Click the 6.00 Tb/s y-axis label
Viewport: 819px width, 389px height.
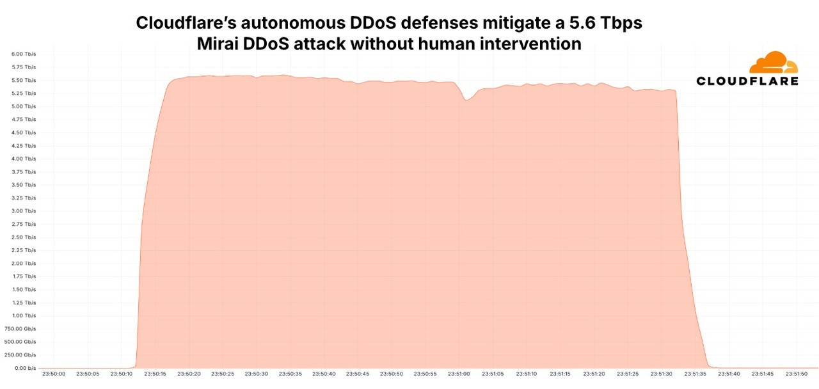24,54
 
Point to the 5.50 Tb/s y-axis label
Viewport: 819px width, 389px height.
24,80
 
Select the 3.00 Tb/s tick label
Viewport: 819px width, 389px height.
24,210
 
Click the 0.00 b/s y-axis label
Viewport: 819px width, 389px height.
24,368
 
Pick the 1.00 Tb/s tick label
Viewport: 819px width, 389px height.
24,315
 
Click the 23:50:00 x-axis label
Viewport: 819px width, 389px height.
53,374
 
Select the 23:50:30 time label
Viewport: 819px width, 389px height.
256,374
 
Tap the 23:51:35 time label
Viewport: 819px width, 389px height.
695,374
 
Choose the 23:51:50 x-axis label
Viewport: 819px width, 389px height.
796,374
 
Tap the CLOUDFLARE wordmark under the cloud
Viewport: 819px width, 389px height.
747,81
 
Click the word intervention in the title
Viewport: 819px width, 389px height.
526,44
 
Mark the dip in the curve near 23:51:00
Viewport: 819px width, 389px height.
467,99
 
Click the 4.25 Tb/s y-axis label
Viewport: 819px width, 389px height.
24,145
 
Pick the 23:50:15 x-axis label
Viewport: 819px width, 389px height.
154,374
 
